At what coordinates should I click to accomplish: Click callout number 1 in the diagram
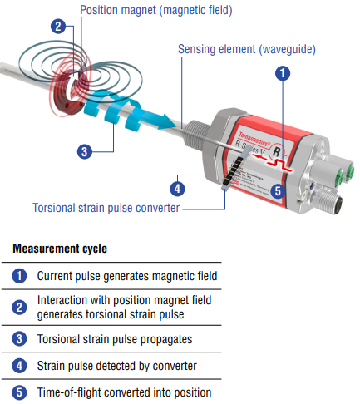point(283,73)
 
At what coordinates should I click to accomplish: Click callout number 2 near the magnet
point(58,27)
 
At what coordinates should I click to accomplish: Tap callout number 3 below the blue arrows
point(85,151)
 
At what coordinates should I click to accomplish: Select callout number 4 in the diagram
point(177,189)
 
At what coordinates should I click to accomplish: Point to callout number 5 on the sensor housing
point(278,191)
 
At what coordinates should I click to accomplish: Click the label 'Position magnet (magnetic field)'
point(156,10)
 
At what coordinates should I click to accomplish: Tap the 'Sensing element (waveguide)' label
point(247,49)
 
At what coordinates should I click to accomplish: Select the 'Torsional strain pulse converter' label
point(106,208)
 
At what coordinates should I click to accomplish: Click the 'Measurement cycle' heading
point(60,249)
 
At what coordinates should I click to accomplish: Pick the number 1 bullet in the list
point(19,276)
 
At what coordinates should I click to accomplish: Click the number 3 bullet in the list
point(19,339)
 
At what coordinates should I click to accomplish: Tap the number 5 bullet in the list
point(19,392)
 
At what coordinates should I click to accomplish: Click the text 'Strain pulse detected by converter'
point(117,366)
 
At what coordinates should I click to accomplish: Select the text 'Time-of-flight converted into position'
point(124,392)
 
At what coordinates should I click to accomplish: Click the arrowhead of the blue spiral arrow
point(166,121)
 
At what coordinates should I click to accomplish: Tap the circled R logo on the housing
point(277,152)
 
